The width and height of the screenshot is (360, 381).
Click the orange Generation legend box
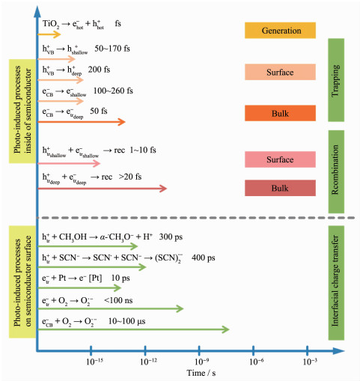pos(280,31)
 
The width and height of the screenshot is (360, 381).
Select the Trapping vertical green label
pos(336,80)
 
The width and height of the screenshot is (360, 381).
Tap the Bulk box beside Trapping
pos(280,113)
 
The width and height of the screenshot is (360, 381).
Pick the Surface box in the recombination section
pos(280,159)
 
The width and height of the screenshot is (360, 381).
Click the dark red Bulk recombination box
pos(280,188)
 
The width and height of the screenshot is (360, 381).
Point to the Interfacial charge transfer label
pos(336,283)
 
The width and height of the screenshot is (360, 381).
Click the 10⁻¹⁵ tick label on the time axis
pos(94,362)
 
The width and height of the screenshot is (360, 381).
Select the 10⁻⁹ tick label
pos(201,362)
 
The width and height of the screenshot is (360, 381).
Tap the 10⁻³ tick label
pos(310,362)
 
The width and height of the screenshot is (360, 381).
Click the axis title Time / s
pos(201,373)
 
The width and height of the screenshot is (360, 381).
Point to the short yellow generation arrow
pos(49,34)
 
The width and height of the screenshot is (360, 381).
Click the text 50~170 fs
pos(112,49)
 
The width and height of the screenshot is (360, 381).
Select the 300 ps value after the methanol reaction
pos(171,237)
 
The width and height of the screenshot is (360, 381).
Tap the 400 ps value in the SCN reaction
pos(204,257)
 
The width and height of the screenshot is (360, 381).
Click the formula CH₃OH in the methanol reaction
pos(73,237)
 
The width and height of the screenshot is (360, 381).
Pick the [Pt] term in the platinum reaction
pos(95,278)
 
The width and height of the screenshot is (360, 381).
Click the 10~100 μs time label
pos(126,321)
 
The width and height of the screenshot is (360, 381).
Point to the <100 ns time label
pos(118,300)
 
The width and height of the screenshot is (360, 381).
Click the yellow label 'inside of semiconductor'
pos(28,111)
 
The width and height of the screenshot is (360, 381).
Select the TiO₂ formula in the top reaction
pos(51,24)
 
